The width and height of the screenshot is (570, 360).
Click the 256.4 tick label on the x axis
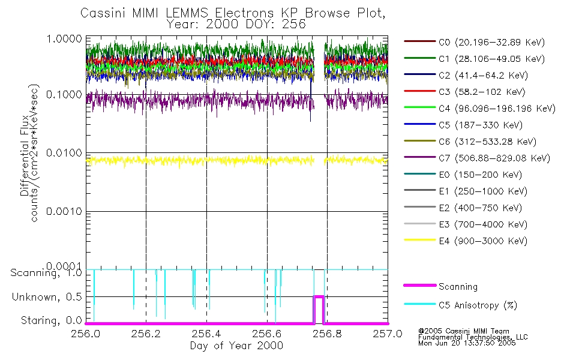tap(206, 334)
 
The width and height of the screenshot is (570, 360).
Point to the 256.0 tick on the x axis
tap(87, 334)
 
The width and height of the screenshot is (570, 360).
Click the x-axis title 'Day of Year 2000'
tap(236, 346)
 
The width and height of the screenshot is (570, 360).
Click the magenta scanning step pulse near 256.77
tap(319, 297)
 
